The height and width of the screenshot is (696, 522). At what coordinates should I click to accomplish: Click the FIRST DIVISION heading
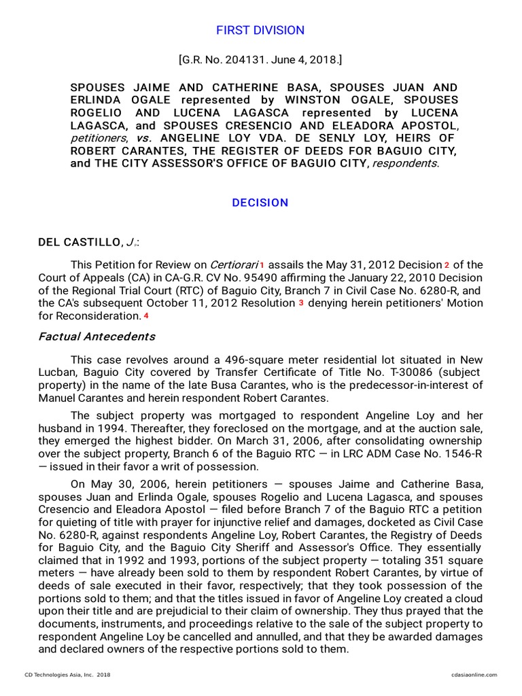point(260,30)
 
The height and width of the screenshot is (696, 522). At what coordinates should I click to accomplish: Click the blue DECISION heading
point(260,203)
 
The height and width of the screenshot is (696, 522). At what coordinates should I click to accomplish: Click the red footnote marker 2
point(447,264)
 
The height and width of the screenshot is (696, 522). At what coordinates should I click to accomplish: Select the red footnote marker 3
point(301,303)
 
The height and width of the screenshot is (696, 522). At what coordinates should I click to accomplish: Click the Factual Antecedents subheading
point(97,336)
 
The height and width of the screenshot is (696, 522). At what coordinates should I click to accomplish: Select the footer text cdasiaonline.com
point(474,674)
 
